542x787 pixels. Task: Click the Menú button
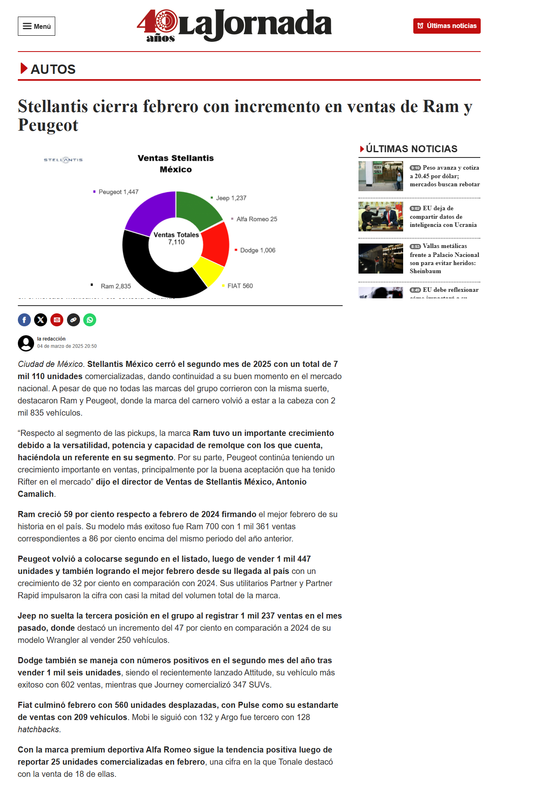[x=37, y=26]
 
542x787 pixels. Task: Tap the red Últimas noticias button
[x=447, y=26]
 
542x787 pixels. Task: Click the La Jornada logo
[x=234, y=25]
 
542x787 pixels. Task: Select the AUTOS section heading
[x=53, y=69]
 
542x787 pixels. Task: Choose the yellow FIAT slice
[x=208, y=271]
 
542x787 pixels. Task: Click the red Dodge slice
[x=216, y=244]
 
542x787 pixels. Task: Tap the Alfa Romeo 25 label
[x=257, y=219]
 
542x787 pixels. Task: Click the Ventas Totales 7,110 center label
[x=176, y=238]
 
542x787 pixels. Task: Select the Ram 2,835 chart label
[x=116, y=286]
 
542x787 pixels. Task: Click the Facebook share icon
[x=24, y=320]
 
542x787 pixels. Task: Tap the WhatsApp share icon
[x=90, y=320]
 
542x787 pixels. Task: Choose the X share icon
[x=41, y=320]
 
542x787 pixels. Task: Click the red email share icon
[x=57, y=320]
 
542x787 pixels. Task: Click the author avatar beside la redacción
[x=26, y=343]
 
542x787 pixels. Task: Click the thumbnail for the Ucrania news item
[x=380, y=216]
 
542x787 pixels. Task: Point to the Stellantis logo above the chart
[x=63, y=160]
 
